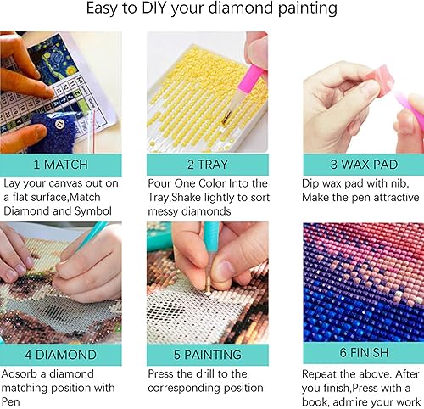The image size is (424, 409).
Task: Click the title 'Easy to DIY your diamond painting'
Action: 212,11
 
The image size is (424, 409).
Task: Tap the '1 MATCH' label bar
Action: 61,164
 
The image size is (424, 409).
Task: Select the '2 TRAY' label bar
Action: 207,164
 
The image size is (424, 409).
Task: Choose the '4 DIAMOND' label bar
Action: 61,354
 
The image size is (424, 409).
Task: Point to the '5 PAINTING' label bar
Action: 207,354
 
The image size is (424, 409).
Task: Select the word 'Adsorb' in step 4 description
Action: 22,373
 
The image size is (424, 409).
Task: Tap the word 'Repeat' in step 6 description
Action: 322,373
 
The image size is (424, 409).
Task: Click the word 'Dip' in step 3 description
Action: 312,183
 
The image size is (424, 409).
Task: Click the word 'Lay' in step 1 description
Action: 11,183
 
